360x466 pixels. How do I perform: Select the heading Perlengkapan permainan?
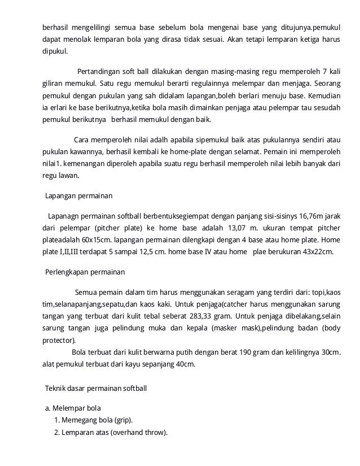(85, 272)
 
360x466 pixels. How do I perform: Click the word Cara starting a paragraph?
(82, 140)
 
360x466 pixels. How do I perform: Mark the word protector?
(59, 341)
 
